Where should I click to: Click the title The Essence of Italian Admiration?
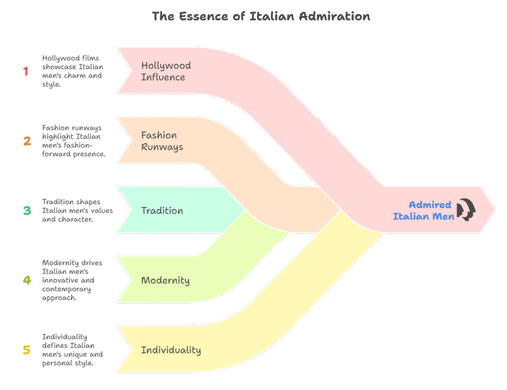pos(261,16)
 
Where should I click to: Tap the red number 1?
pos(26,71)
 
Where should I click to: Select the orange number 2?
pos(27,141)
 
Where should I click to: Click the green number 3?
pos(27,211)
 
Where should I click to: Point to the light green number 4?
pos(27,280)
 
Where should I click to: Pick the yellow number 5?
pos(27,349)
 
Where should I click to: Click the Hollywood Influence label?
pos(166,71)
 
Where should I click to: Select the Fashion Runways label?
pos(162,141)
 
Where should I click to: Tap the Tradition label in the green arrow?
pos(162,211)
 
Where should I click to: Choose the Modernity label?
pos(165,280)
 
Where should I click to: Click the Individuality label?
pos(171,350)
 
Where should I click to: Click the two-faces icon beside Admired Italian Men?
pos(466,210)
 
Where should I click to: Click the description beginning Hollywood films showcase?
pos(72,71)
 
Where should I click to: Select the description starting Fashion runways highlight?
pos(73,141)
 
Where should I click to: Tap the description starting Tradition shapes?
pos(77,211)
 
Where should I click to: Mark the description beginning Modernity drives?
pos(72,280)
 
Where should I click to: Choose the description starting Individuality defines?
pos(72,350)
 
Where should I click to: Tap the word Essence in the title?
pos(203,16)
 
